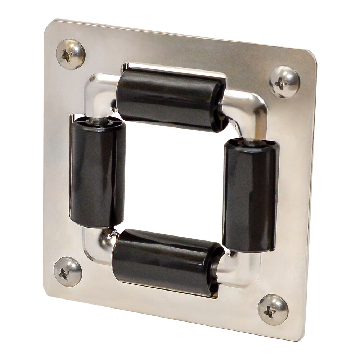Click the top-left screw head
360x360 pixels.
pyautogui.click(x=71, y=54)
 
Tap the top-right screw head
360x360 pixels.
pyautogui.click(x=284, y=82)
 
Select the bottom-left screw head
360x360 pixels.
pyautogui.click(x=68, y=272)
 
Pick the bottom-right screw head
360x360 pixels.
pyautogui.click(x=273, y=309)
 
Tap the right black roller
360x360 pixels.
pyautogui.click(x=251, y=196)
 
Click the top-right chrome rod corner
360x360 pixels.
pyautogui.click(x=248, y=108)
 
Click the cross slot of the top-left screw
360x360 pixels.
pyautogui.click(x=66, y=55)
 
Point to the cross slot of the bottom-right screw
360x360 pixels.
pyautogui.click(x=270, y=312)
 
